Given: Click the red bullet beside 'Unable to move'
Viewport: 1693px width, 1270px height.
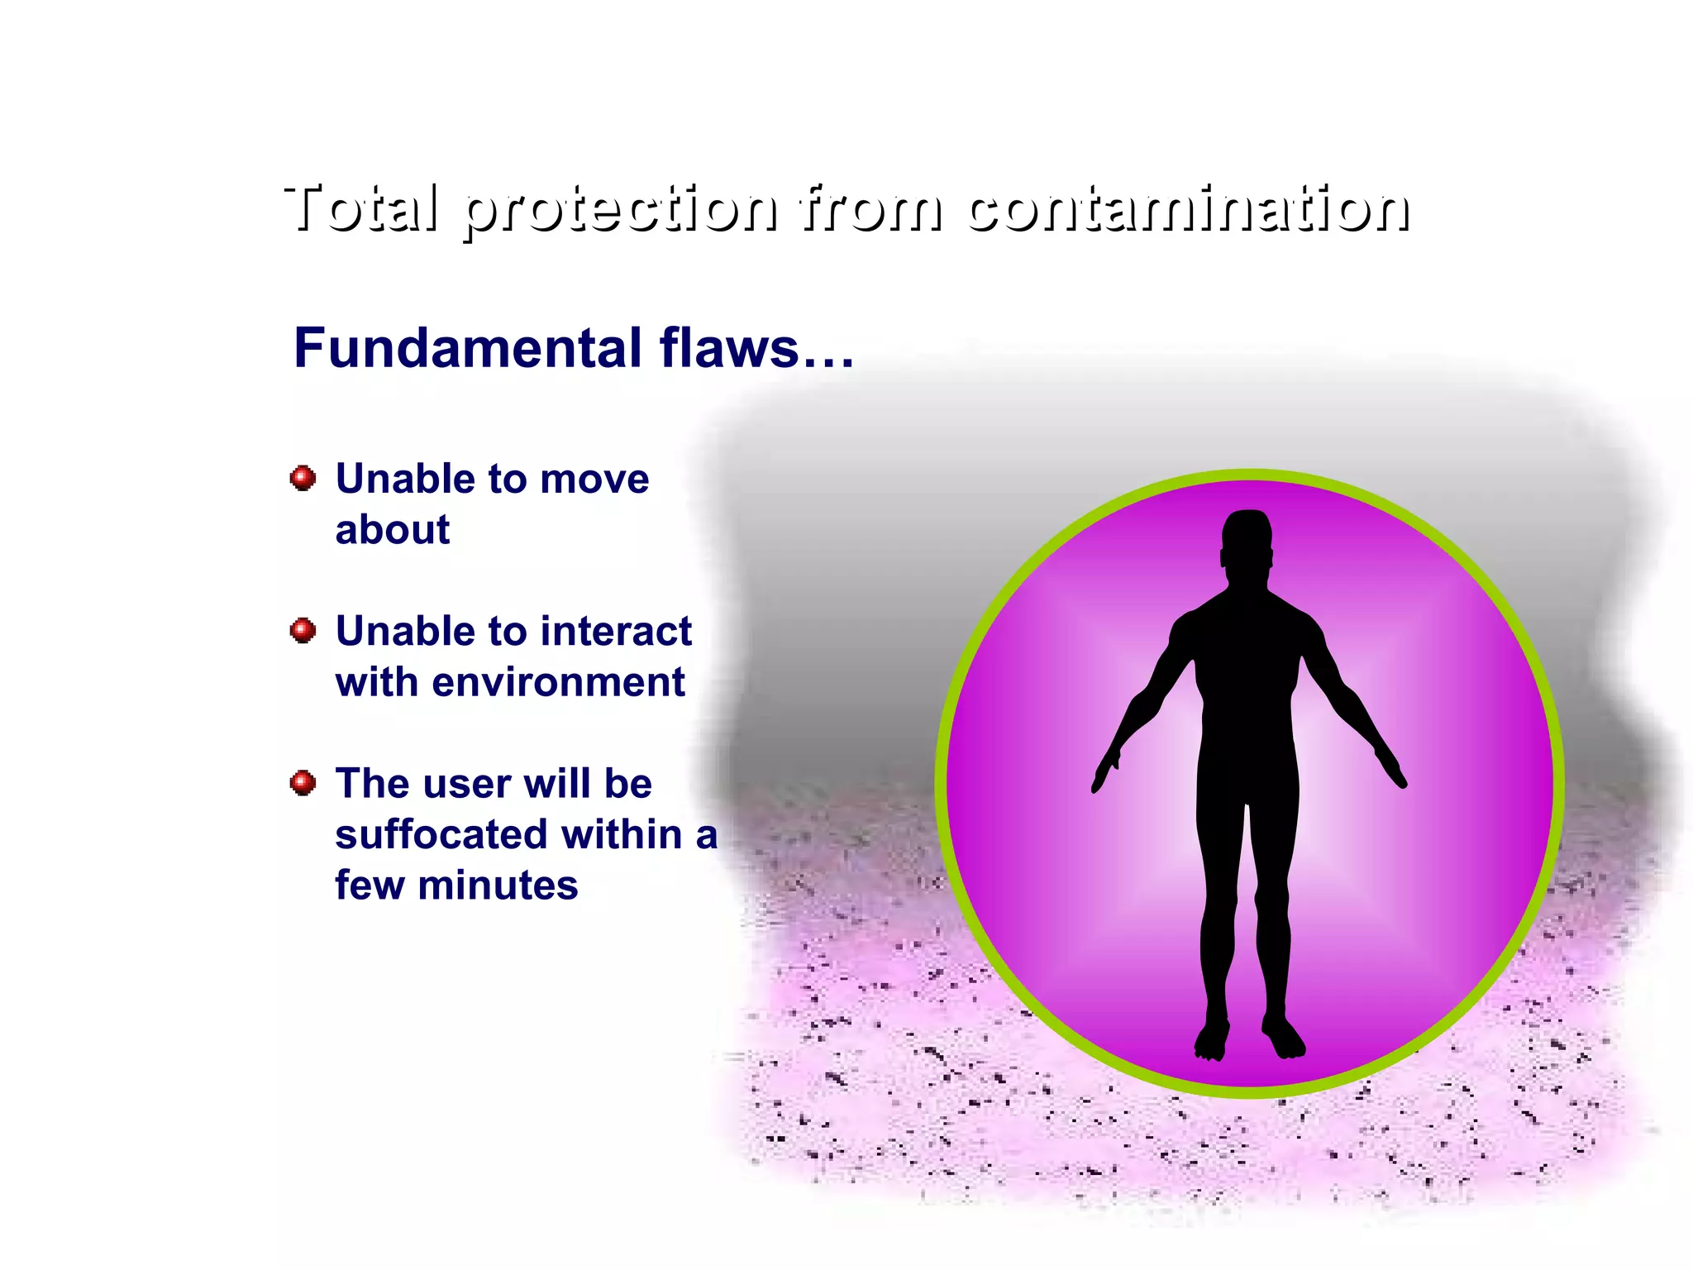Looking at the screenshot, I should click(x=303, y=478).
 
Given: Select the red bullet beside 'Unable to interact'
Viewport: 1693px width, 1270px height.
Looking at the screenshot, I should click(x=303, y=631).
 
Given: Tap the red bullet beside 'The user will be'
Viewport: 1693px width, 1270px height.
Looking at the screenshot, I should click(x=303, y=782).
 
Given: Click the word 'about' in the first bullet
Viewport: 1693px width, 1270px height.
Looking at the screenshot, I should click(x=393, y=530).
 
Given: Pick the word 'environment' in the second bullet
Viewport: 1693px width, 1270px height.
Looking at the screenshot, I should click(x=559, y=683).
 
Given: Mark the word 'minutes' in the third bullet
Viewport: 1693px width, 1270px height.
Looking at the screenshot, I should click(x=498, y=886).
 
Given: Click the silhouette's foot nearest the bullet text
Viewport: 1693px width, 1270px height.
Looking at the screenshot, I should click(x=1212, y=1042).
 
